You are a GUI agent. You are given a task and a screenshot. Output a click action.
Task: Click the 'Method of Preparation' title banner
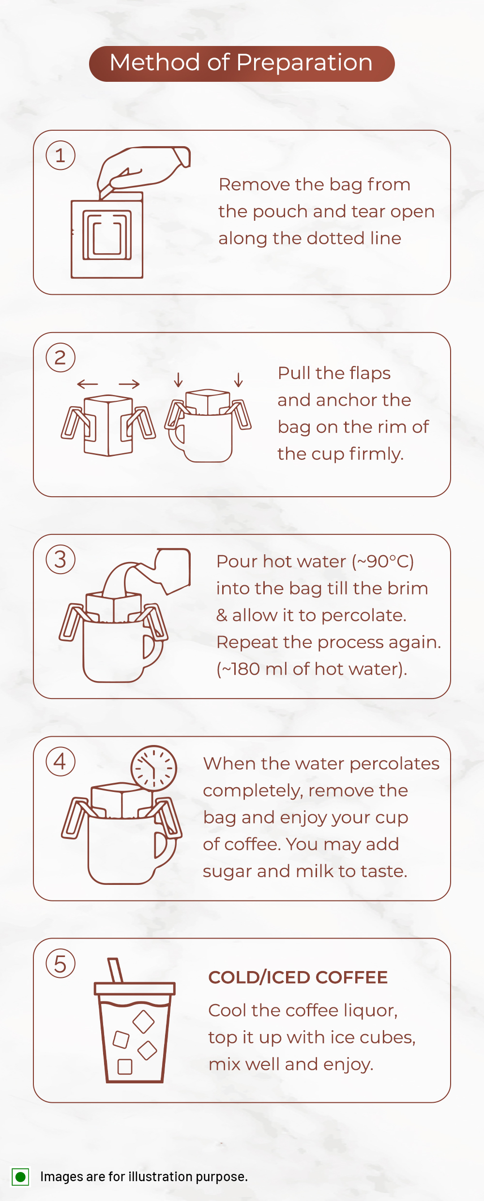click(242, 63)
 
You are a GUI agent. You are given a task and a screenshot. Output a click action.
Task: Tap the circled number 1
click(60, 155)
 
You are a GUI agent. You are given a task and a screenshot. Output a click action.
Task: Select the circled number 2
click(60, 357)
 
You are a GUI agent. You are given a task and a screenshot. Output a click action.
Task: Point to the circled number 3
click(60, 559)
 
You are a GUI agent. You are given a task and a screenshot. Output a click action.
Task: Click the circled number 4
click(60, 761)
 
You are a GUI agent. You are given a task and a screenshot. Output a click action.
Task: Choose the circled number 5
click(60, 963)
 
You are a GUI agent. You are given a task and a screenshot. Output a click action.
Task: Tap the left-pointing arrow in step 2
click(88, 384)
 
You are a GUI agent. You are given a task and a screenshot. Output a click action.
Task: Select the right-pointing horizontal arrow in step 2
click(129, 384)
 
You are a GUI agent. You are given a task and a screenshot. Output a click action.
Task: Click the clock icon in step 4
click(154, 768)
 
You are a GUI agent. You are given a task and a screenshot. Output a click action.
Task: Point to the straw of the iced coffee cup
click(116, 970)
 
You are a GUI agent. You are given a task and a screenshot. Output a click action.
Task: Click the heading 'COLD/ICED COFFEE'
click(298, 977)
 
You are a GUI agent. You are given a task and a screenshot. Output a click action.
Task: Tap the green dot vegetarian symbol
click(20, 1177)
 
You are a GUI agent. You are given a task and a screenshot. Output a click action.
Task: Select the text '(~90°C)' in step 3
click(383, 562)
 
